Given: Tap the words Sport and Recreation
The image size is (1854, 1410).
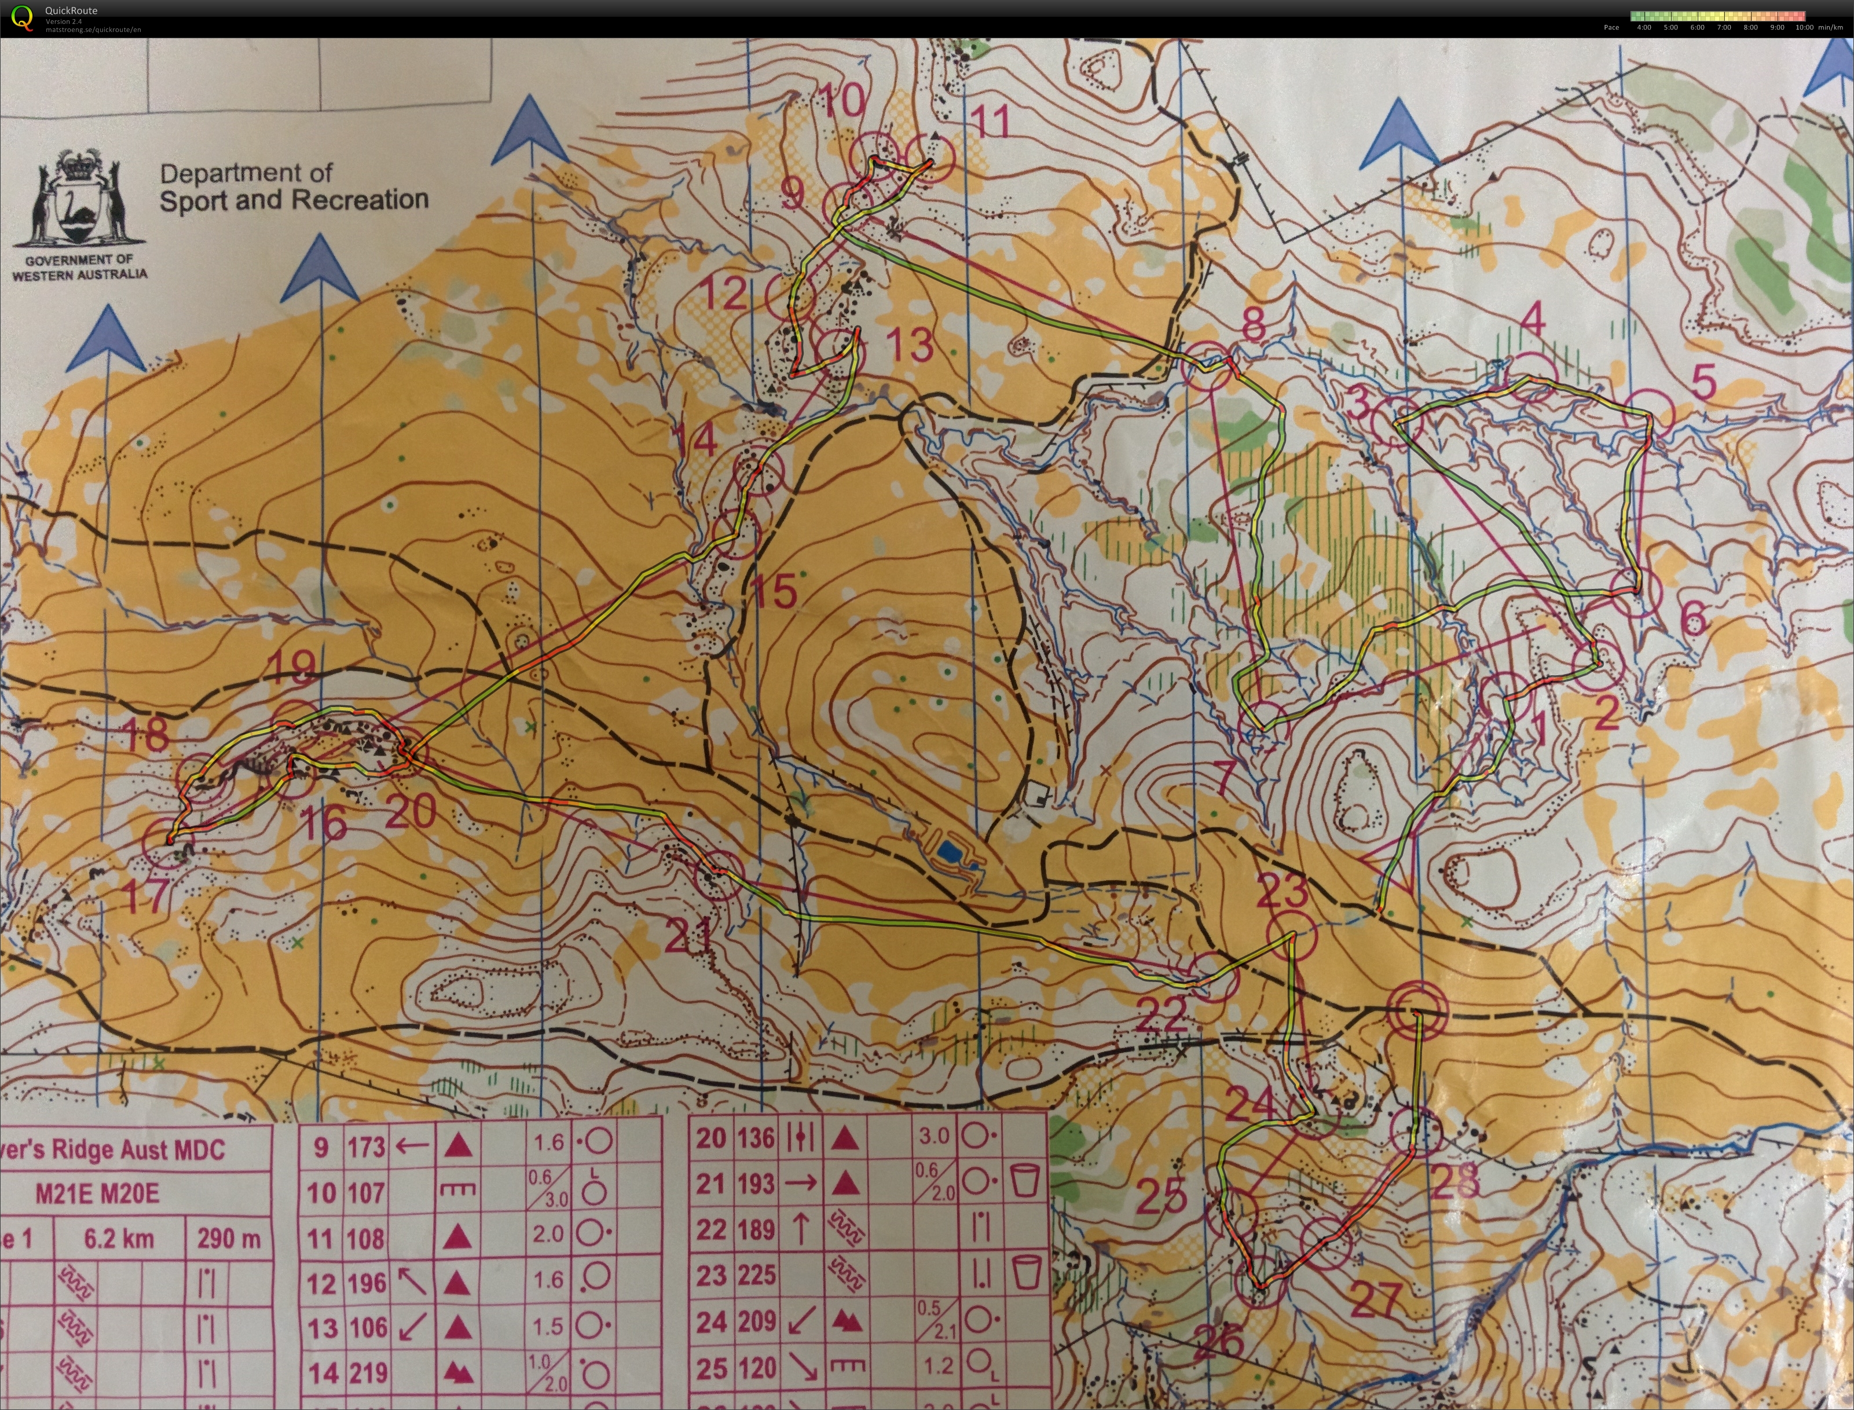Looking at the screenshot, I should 294,200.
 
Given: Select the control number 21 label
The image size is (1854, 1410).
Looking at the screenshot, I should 689,935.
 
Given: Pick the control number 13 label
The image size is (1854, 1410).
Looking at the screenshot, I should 909,344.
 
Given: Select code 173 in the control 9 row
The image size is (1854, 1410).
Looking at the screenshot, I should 366,1147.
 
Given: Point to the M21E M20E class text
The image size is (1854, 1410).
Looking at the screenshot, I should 97,1193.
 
